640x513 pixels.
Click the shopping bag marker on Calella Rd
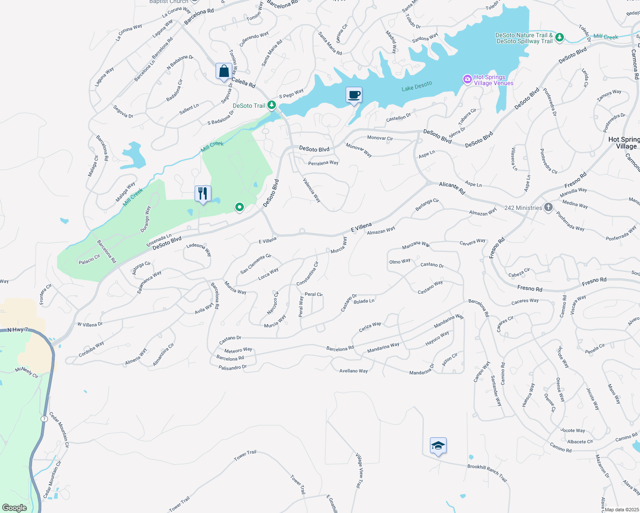click(x=224, y=71)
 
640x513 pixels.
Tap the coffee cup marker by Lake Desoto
click(x=354, y=95)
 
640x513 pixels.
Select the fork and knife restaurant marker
click(x=203, y=194)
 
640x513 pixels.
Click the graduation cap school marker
click(x=438, y=446)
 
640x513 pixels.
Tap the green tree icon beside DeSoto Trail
click(x=272, y=105)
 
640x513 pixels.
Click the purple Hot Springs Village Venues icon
click(x=467, y=79)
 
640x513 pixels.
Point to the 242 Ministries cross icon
click(x=548, y=208)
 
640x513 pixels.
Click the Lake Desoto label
click(x=417, y=86)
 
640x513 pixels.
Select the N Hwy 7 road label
click(x=18, y=330)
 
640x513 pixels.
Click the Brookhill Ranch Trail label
click(x=487, y=473)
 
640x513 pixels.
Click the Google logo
click(x=15, y=508)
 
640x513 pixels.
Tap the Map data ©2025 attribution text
click(x=620, y=509)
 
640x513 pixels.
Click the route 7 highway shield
click(x=44, y=419)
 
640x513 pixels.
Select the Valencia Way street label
click(x=312, y=190)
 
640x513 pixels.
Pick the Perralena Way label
click(x=323, y=163)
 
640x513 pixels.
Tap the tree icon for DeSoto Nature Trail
click(x=560, y=38)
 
